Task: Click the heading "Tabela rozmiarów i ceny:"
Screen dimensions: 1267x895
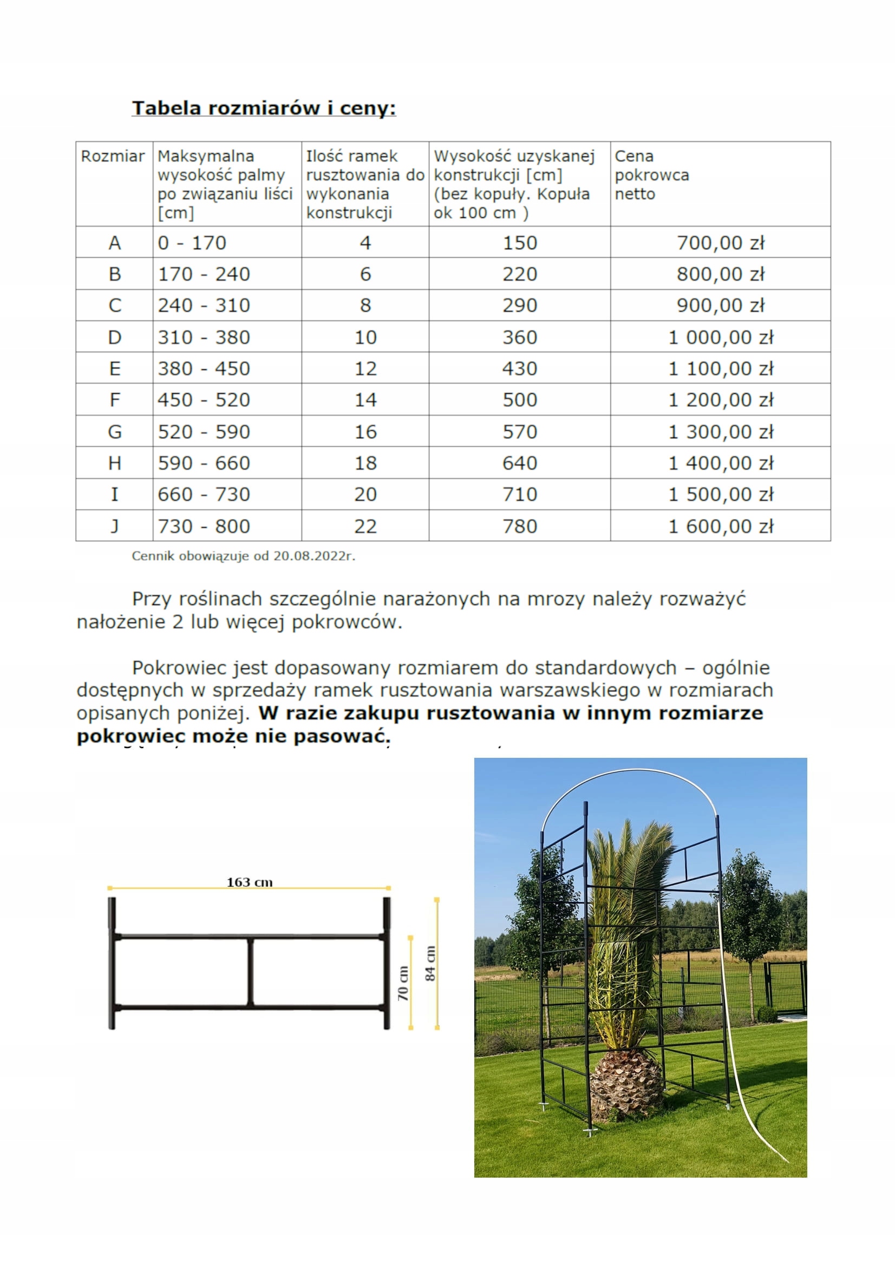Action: pos(264,108)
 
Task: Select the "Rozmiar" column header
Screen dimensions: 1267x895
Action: pos(113,156)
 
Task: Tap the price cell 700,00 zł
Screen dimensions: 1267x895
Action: pos(720,243)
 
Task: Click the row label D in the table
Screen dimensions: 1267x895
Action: pos(114,337)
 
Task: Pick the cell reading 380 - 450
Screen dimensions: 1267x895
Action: pos(204,369)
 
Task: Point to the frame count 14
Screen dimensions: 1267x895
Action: pos(365,400)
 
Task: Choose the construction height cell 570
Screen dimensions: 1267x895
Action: pos(519,432)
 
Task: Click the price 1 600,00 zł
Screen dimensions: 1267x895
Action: pos(720,527)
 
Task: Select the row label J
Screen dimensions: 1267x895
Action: pos(114,527)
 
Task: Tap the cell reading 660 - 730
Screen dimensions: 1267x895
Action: pos(204,495)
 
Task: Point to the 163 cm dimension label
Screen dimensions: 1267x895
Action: pos(249,882)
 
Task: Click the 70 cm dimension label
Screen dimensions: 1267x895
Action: pos(403,983)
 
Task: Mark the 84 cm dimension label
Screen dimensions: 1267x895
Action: pos(430,963)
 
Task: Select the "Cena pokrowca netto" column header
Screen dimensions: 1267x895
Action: pos(651,175)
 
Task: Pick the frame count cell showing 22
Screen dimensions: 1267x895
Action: pos(365,527)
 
